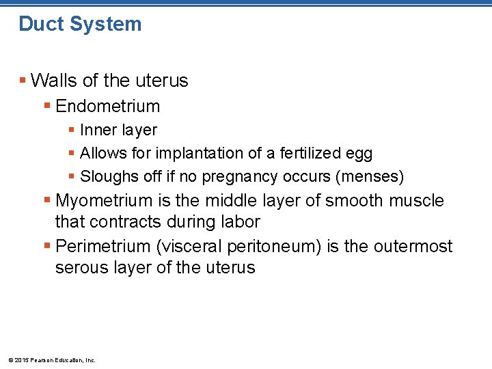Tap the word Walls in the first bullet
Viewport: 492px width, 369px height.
[x=54, y=81]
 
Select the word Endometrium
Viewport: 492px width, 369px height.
[x=107, y=107]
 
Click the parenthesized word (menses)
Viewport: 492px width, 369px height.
[x=370, y=177]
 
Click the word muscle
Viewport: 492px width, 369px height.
[x=416, y=201]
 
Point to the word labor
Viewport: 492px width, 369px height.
[x=241, y=222]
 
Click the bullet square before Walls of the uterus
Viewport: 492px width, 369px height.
[x=23, y=81]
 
